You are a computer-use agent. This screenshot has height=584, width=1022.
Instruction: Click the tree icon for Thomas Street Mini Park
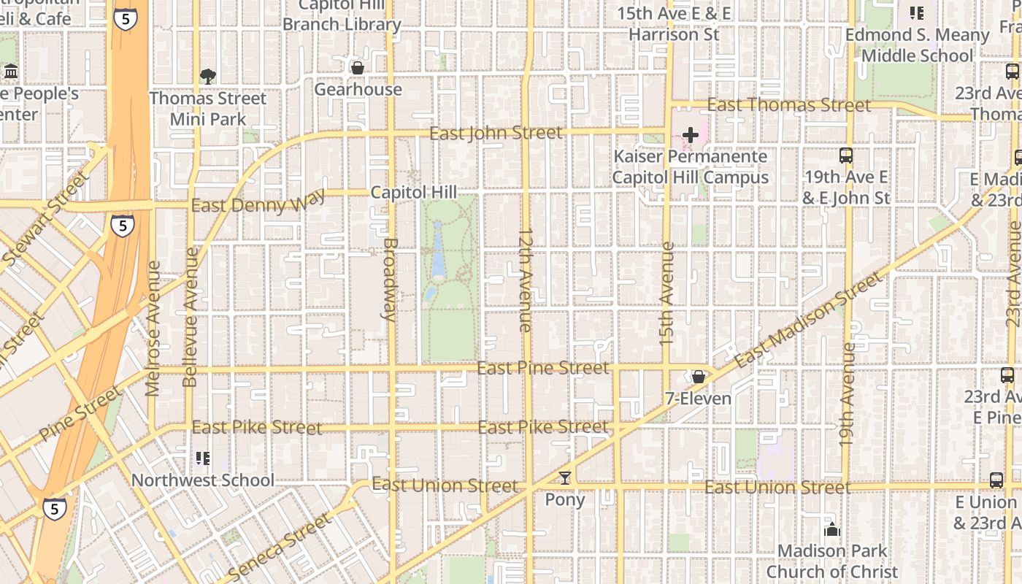click(x=208, y=76)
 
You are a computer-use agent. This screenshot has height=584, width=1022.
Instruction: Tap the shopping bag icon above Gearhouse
click(x=358, y=68)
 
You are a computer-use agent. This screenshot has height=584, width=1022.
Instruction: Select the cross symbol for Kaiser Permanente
click(x=690, y=135)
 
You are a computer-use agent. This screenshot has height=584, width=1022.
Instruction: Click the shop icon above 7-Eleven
click(x=699, y=377)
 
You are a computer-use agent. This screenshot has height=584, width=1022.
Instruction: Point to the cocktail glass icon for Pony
click(x=564, y=478)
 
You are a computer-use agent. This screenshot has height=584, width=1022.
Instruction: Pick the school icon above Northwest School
click(x=202, y=458)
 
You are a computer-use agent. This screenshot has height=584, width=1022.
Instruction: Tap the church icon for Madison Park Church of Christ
click(x=831, y=529)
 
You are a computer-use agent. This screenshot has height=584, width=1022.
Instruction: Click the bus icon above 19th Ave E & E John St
click(x=846, y=155)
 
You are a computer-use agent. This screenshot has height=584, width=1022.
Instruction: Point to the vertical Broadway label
click(x=390, y=280)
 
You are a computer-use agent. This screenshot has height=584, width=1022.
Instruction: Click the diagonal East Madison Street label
click(x=808, y=320)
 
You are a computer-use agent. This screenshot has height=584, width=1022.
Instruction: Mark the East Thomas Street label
click(x=789, y=105)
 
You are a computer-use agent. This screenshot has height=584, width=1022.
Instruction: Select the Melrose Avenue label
click(x=153, y=328)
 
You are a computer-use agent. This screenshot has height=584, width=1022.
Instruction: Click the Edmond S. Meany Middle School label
click(x=917, y=45)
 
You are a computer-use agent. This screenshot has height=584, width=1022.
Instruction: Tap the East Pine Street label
click(x=543, y=368)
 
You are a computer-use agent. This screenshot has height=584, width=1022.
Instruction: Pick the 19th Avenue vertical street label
click(x=847, y=394)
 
